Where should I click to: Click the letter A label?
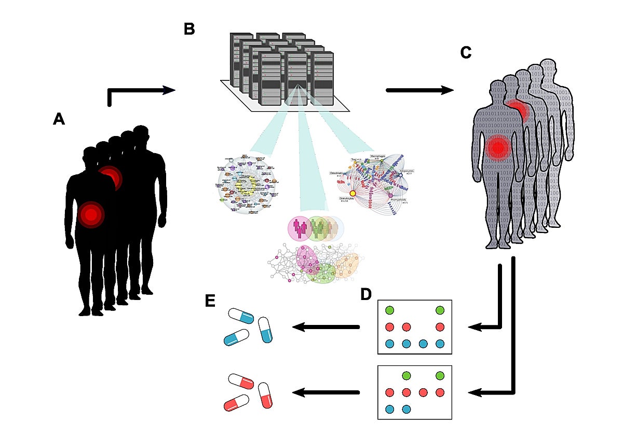tap(59, 120)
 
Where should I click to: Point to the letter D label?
tap(366, 294)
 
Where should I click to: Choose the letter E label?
tap(210, 302)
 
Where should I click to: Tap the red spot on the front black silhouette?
tap(91, 214)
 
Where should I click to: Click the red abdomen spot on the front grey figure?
tap(498, 147)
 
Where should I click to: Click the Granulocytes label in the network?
tap(343, 198)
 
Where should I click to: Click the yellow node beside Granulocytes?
tap(353, 193)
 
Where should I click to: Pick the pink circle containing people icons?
tap(301, 228)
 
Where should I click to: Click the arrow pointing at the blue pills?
tap(327, 327)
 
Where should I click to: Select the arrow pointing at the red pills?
tap(327, 392)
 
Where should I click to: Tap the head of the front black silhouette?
tap(90, 156)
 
